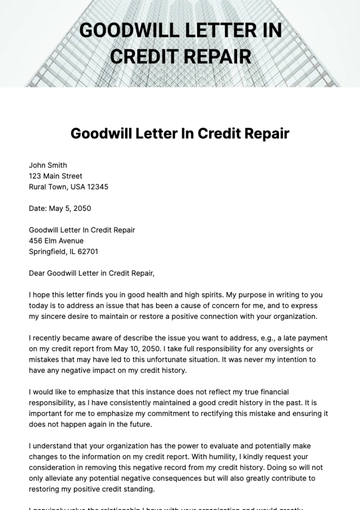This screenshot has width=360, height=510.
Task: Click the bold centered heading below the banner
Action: click(180, 133)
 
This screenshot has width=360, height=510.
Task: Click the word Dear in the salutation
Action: click(39, 273)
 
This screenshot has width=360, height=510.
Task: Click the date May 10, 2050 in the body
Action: click(130, 349)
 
